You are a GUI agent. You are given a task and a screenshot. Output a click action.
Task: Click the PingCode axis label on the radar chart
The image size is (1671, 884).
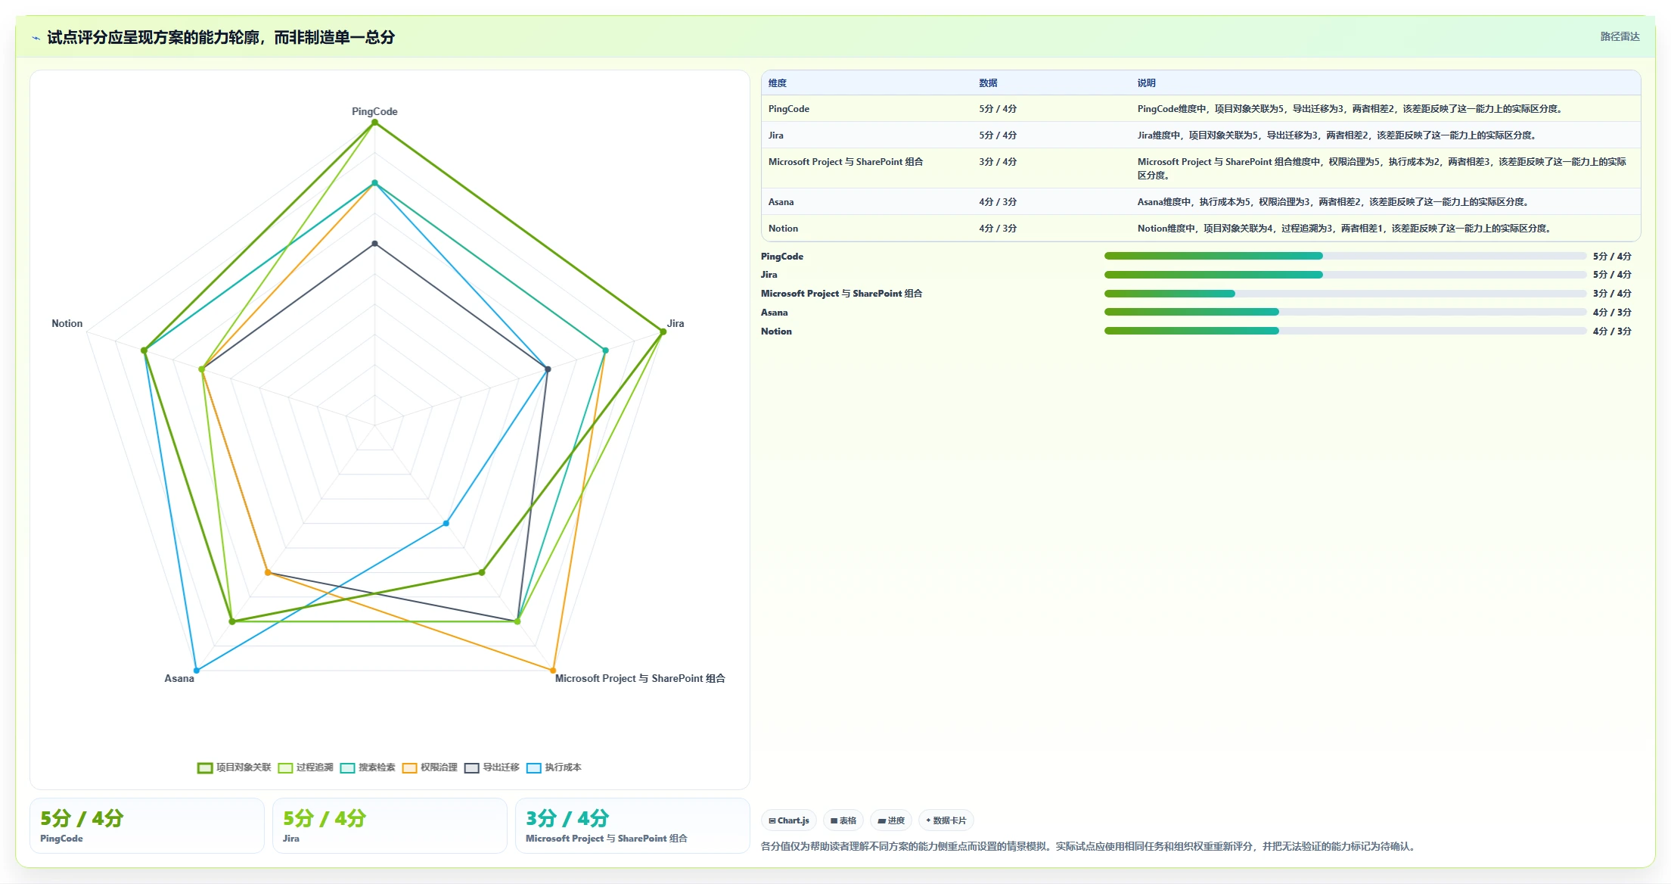pos(374,111)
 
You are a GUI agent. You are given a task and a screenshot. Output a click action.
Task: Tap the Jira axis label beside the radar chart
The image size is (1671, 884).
pos(676,323)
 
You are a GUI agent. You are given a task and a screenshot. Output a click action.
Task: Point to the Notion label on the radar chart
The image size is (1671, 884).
pos(67,323)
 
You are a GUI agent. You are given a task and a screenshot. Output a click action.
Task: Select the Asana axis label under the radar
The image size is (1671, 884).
pos(179,678)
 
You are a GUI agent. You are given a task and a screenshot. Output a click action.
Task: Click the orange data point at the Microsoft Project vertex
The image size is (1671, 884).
pos(553,671)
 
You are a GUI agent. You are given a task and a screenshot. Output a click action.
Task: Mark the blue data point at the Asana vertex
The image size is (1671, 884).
pos(197,671)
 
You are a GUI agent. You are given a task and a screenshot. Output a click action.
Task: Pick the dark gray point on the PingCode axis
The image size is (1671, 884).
pos(374,244)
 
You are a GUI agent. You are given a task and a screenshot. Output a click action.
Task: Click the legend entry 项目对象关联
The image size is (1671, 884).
pos(234,767)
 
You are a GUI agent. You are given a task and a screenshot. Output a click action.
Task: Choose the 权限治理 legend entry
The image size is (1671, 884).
pos(430,767)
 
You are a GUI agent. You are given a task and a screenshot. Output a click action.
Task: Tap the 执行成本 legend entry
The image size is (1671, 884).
pos(554,767)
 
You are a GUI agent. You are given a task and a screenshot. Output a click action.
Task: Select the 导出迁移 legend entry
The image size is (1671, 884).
pos(492,767)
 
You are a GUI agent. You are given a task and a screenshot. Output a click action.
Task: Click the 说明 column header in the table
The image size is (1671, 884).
pos(1147,83)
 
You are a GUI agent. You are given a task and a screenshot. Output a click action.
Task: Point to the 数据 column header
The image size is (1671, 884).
pos(988,83)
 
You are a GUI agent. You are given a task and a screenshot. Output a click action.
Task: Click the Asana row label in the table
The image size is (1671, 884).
pos(781,202)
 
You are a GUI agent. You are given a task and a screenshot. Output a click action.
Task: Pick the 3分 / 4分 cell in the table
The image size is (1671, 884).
pos(998,162)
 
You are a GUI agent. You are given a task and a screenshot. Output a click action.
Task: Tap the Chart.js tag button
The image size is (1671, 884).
pos(789,820)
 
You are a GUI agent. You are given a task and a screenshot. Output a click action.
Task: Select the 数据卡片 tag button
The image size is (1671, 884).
pos(946,820)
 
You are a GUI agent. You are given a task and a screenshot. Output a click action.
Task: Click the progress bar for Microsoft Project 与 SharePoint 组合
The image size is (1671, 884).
pos(1345,294)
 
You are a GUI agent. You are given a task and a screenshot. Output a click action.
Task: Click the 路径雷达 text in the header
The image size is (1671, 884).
pos(1620,36)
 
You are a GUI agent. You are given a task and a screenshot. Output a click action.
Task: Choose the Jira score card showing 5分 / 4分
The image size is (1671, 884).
pos(390,826)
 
